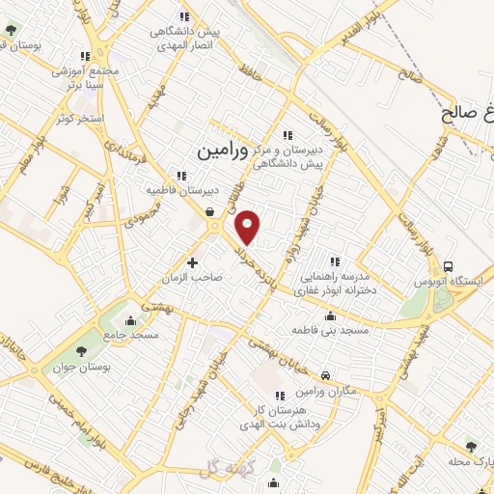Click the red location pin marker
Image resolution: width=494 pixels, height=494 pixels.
pos(249,227)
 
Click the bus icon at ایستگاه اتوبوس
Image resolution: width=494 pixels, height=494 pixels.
pos(448,266)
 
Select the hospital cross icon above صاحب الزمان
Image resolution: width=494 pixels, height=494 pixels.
pos(192,262)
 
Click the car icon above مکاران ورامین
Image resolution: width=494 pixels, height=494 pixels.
pos(325,374)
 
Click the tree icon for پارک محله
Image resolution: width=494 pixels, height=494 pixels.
pos(471,446)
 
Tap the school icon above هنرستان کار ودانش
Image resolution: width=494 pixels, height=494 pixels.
pos(279,396)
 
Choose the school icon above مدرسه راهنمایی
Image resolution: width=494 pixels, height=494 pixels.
pos(336,261)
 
